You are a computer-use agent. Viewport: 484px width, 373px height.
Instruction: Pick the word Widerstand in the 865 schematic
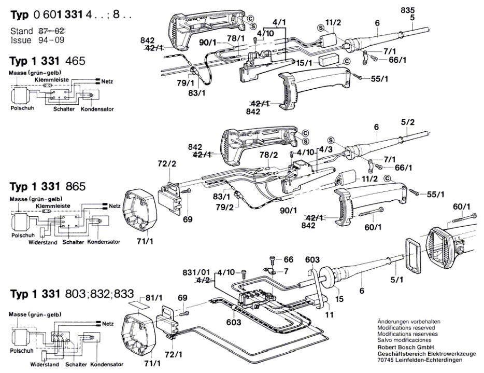click(44, 242)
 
